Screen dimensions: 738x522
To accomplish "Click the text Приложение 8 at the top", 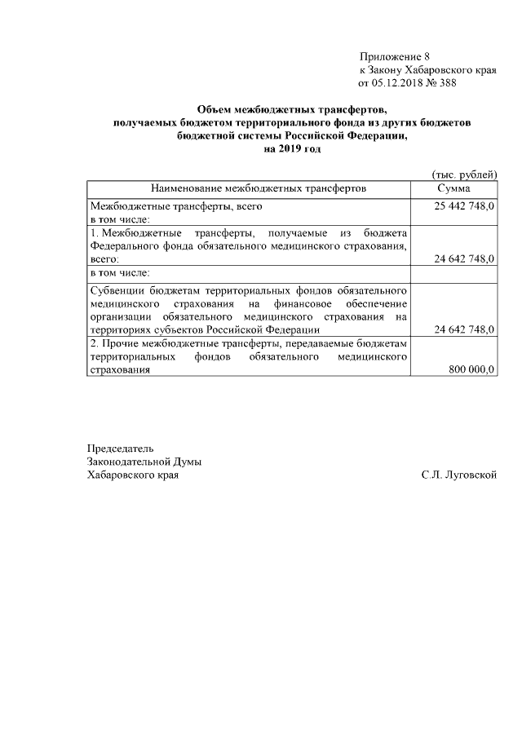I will coord(394,56).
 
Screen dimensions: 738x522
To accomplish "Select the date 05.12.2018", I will coord(398,82).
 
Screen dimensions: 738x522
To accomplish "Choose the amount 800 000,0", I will coord(471,369).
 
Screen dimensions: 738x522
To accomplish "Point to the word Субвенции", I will coord(115,290).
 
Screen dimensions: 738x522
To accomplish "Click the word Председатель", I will coord(120,448).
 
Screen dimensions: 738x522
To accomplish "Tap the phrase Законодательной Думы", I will coord(144,462).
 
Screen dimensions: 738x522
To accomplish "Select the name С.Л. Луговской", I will coord(459,475).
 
